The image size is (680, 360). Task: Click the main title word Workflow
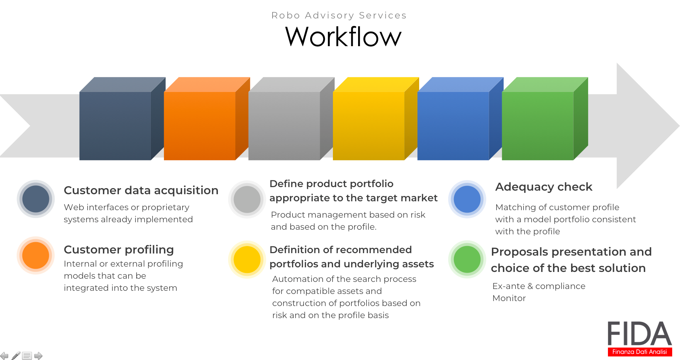343,37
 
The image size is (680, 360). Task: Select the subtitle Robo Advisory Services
339,15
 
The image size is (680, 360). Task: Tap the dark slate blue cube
122,119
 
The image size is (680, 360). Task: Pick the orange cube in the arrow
207,119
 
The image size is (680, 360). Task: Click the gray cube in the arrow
291,119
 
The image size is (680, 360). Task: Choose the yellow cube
376,119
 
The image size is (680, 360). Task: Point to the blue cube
460,119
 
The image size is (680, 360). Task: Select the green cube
545,119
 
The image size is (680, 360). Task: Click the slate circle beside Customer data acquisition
36,199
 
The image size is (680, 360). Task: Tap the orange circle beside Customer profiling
36,255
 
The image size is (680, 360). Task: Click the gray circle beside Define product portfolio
247,199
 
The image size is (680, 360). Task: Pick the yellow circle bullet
247,260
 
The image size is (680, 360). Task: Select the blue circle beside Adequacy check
467,199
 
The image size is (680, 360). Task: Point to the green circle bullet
467,260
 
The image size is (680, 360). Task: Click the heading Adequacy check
544,187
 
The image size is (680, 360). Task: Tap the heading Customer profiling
119,250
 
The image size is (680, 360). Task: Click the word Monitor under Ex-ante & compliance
509,298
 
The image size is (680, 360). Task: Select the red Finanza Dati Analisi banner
640,352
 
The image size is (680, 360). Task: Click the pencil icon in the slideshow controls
16,355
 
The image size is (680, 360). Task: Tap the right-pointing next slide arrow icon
38,356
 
